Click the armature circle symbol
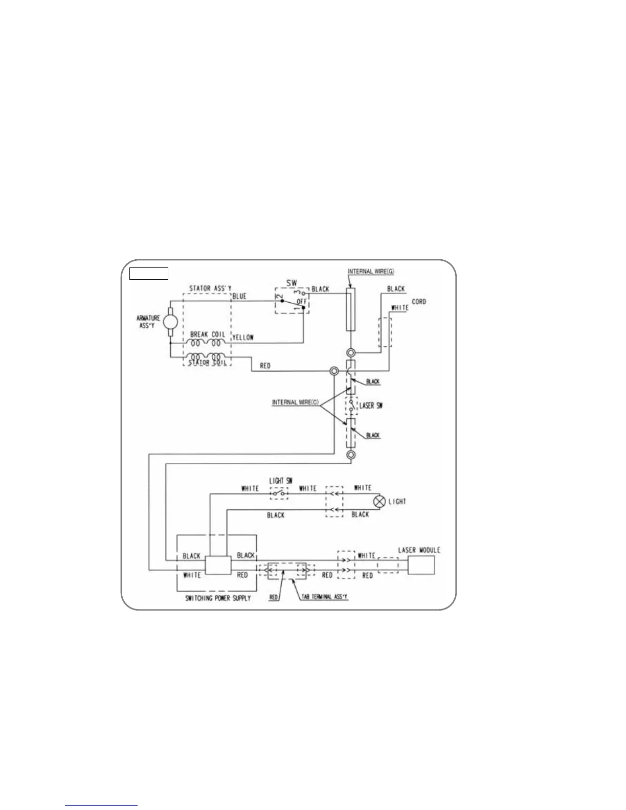coord(170,322)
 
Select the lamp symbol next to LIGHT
coord(379,501)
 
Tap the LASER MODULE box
coord(421,565)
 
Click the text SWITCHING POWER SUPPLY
coord(218,598)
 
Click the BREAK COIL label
coord(207,334)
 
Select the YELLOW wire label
coord(243,337)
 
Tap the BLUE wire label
coord(239,297)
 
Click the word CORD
coord(419,302)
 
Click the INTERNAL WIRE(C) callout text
coord(296,402)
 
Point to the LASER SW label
coord(372,406)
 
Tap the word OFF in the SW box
coord(301,302)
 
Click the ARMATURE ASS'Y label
coord(149,321)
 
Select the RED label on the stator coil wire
coord(265,366)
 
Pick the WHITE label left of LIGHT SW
coord(250,489)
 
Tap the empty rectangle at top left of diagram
coord(148,274)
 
